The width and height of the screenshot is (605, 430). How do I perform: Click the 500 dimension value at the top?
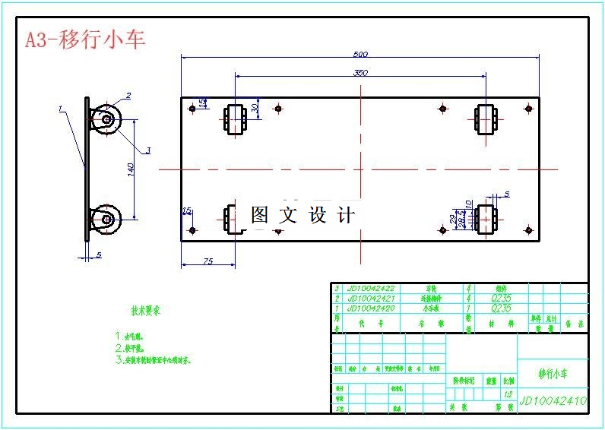pyautogui.click(x=360, y=54)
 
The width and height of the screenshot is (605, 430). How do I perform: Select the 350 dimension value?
pyautogui.click(x=360, y=72)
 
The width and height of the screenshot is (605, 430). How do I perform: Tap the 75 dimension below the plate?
pyautogui.click(x=207, y=261)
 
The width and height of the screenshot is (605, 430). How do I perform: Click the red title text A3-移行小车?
pyautogui.click(x=85, y=40)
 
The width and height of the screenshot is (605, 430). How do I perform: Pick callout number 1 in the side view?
pyautogui.click(x=60, y=109)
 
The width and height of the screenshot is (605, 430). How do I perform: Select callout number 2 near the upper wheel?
pyautogui.click(x=128, y=96)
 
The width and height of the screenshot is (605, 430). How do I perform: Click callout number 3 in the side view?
pyautogui.click(x=147, y=150)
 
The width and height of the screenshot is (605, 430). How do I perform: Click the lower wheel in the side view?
pyautogui.click(x=105, y=220)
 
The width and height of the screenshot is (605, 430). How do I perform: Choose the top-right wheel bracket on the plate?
pyautogui.click(x=486, y=119)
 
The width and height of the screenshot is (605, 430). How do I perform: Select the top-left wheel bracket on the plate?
pyautogui.click(x=235, y=119)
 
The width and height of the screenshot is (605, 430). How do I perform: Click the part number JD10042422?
pyautogui.click(x=371, y=289)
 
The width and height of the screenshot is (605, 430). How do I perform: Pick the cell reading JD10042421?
pyautogui.click(x=371, y=299)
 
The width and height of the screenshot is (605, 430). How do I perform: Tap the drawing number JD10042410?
pyautogui.click(x=553, y=400)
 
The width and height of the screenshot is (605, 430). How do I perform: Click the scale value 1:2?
pyautogui.click(x=508, y=395)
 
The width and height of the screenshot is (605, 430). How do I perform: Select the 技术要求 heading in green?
pyautogui.click(x=145, y=311)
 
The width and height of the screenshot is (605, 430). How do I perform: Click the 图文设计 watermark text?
pyautogui.click(x=302, y=215)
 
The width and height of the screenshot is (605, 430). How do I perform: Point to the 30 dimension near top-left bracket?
pyautogui.click(x=255, y=108)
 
